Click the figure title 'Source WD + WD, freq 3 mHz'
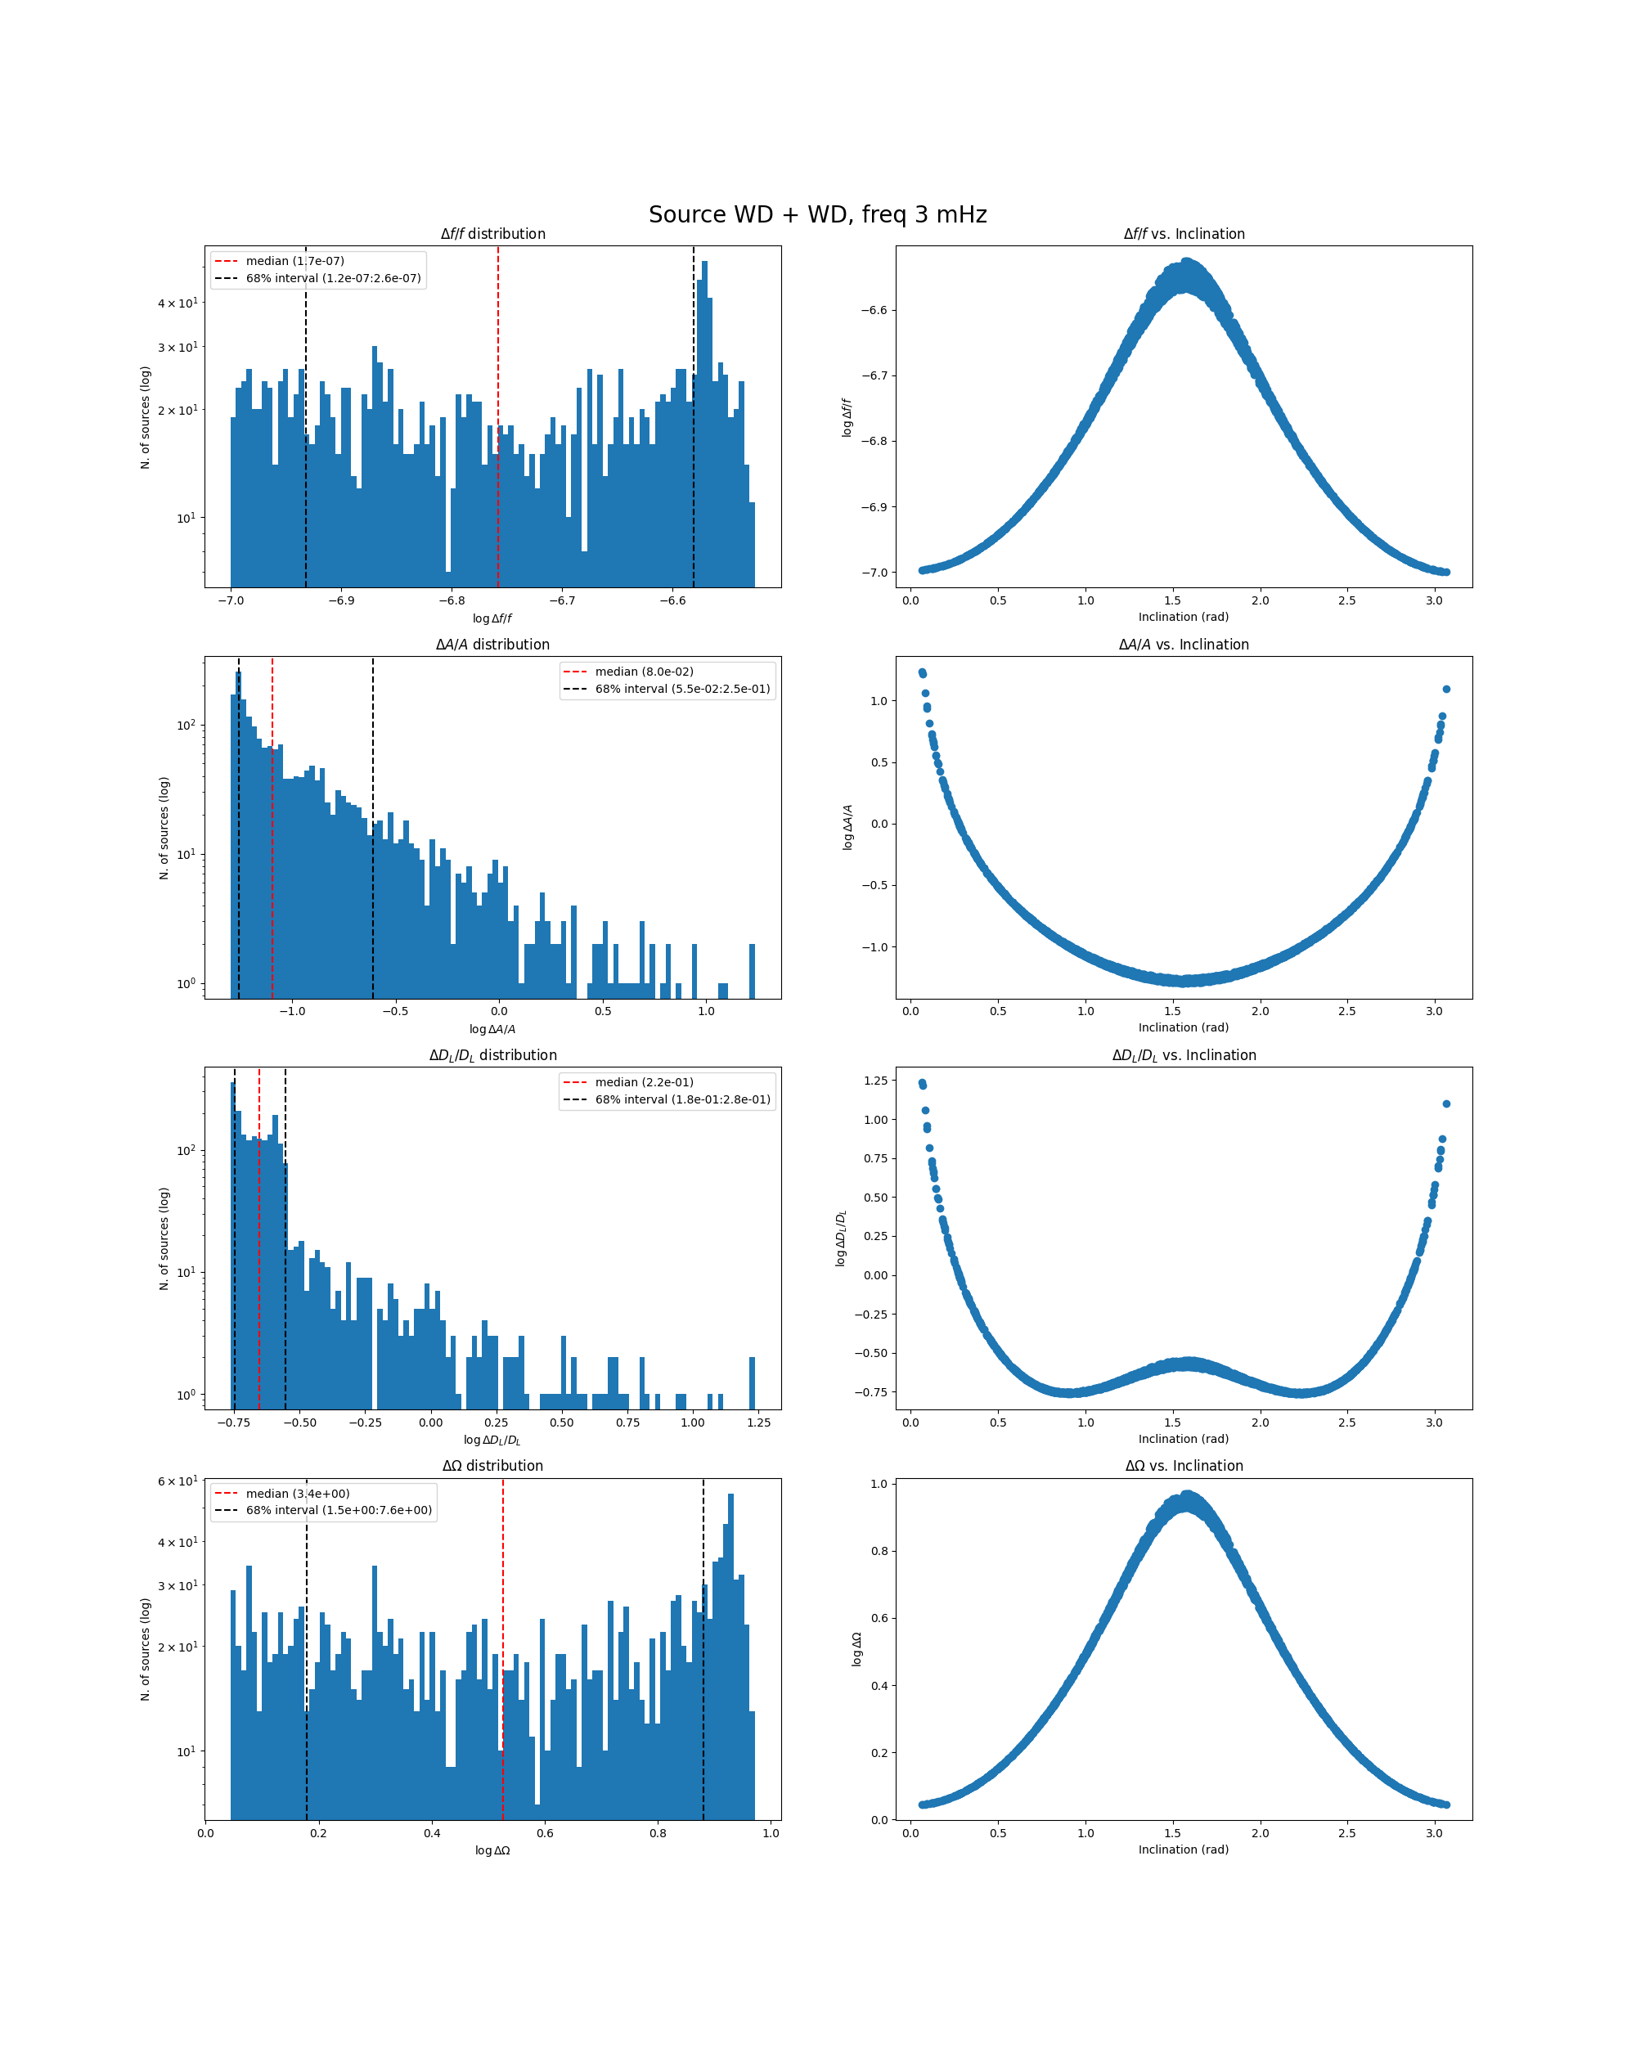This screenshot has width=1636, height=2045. click(817, 215)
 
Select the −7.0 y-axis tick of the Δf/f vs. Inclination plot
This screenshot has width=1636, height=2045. click(874, 573)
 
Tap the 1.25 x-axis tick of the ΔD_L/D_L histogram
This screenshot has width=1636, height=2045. click(759, 1423)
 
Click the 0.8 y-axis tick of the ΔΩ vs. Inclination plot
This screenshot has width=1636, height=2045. click(879, 1552)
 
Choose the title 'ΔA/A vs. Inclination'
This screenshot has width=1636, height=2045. click(1184, 645)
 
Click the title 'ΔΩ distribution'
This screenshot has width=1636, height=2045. click(492, 1467)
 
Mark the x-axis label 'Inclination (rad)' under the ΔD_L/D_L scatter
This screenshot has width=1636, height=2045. click(1184, 1439)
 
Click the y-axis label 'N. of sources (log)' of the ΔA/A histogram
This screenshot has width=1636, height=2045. click(164, 828)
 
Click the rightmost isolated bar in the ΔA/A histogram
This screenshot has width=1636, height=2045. click(752, 970)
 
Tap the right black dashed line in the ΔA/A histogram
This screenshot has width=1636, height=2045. click(373, 854)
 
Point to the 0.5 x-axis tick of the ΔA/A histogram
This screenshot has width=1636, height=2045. click(603, 1011)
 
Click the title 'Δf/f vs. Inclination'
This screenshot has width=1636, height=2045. click(1184, 234)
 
